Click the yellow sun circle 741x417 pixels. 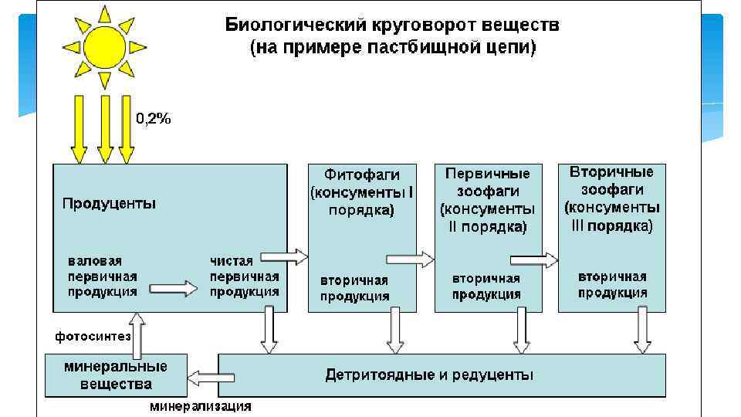(x=103, y=47)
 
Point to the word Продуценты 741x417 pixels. (x=109, y=204)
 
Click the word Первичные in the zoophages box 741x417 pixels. (x=487, y=173)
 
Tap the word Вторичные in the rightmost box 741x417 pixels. (x=611, y=171)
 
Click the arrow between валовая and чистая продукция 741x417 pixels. (x=173, y=288)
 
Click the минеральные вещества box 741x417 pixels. (x=115, y=375)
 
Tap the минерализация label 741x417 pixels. (x=200, y=406)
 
